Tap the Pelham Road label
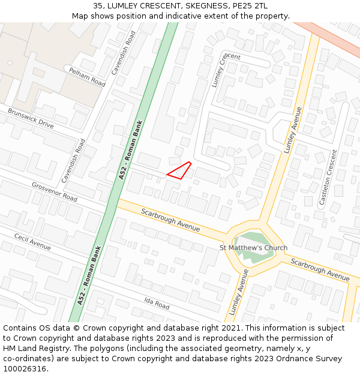click(86, 77)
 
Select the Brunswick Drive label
click(31, 118)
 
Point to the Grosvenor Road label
click(55, 192)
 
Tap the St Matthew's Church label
click(253, 248)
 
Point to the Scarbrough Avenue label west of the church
click(170, 220)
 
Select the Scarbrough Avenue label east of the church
click(320, 269)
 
